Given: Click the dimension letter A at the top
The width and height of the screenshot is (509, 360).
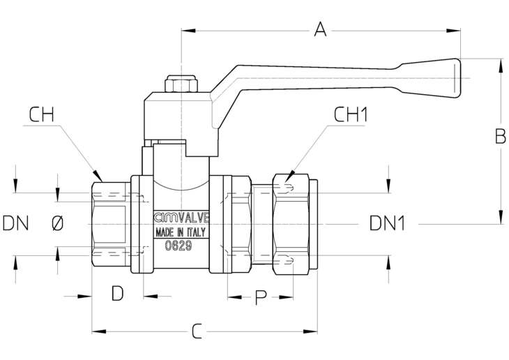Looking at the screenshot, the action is [321, 29].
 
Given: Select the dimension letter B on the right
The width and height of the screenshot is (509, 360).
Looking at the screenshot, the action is [500, 136].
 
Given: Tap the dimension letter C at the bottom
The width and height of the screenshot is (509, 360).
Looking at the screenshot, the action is [197, 331].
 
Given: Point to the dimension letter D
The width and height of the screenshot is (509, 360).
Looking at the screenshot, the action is [118, 293].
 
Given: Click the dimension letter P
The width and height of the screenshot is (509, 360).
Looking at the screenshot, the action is [261, 297].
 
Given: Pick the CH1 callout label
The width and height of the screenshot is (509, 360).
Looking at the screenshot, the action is [351, 114].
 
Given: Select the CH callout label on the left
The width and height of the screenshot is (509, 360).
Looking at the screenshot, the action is [41, 114].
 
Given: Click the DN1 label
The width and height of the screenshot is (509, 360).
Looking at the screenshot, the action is [388, 223].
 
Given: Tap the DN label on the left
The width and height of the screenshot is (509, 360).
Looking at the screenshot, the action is [15, 223].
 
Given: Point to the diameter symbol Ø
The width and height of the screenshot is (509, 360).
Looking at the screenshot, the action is [58, 223].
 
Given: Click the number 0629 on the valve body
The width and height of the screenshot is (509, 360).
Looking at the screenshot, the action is [178, 246].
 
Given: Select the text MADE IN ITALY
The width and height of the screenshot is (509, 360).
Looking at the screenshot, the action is [181, 232].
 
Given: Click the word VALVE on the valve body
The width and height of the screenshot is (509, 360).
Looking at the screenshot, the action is [194, 218].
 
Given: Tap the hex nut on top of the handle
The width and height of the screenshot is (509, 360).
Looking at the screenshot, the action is [181, 84].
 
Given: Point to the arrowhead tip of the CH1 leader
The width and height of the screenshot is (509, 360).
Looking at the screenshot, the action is [285, 182].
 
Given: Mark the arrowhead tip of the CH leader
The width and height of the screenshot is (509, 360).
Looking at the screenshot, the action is [102, 181].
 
